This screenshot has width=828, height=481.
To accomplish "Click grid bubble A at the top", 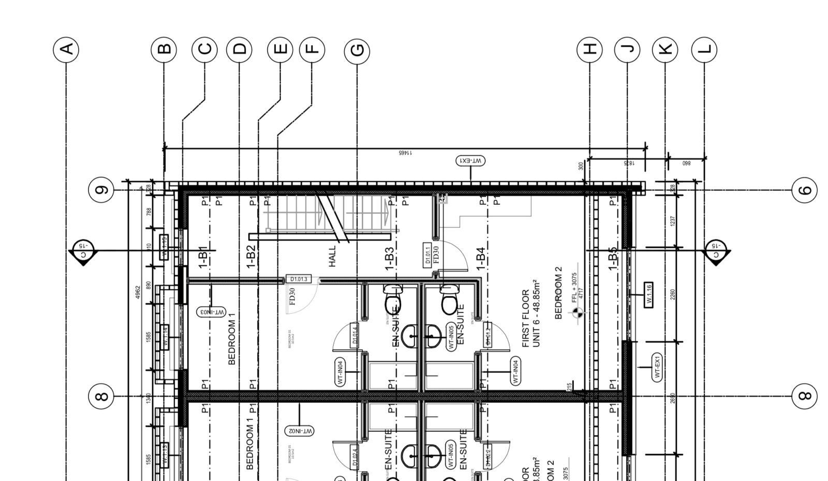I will point(66,50).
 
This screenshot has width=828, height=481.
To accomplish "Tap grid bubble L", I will point(704,50).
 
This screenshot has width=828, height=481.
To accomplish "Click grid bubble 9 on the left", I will point(102,190).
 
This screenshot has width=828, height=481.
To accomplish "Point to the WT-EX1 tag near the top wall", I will point(470,161).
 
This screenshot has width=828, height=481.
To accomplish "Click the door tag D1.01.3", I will point(299,280).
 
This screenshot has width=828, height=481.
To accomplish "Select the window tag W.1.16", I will point(648,295).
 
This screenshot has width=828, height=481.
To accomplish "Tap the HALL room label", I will point(332,255).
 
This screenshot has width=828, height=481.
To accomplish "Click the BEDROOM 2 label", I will point(558,293).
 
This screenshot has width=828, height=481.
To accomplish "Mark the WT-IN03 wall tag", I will point(211,312).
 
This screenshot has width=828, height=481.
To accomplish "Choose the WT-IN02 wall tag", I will point(300,430).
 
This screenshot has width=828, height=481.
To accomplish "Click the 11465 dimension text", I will point(405,153).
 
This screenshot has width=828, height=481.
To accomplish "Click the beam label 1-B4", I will point(481,258).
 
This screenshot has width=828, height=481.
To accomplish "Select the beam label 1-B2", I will point(250,257).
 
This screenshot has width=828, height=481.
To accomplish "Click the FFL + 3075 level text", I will point(574,288).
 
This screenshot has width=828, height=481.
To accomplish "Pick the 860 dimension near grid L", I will point(686,163).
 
